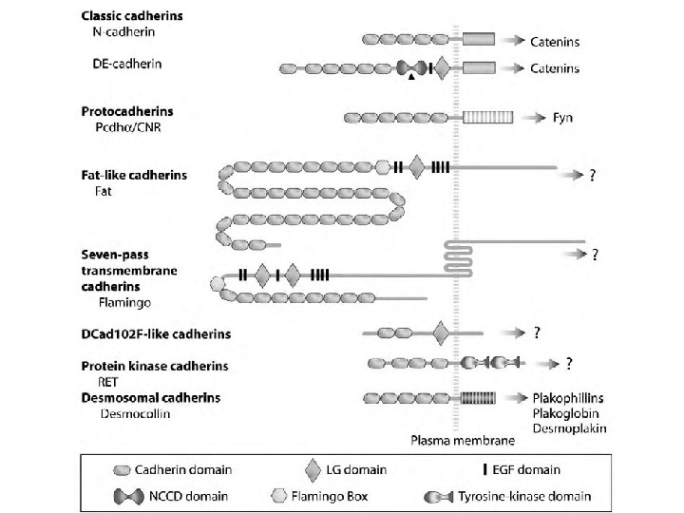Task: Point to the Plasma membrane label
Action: (x=463, y=441)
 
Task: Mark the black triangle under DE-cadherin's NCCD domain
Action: (x=410, y=80)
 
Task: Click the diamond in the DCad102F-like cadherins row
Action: (x=439, y=333)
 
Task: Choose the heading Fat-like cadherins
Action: (x=134, y=176)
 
